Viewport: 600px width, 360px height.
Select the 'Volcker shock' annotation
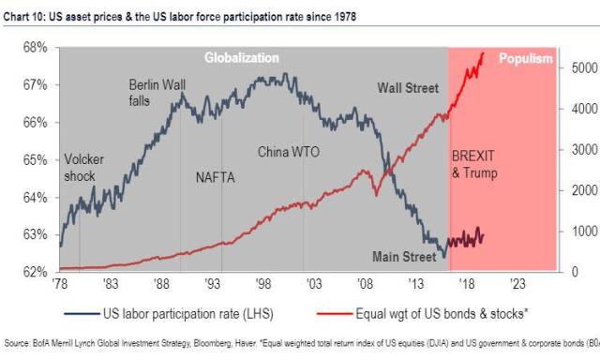pyautogui.click(x=83, y=167)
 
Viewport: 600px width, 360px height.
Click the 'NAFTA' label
pyautogui.click(x=217, y=177)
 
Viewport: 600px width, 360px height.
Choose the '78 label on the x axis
pyautogui.click(x=62, y=283)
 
